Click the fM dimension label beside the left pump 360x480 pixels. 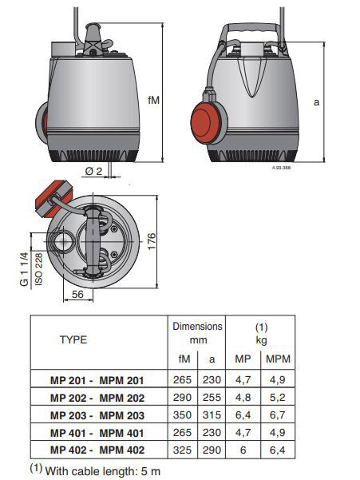153,100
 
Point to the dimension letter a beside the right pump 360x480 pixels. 316,102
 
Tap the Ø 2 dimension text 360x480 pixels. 93,171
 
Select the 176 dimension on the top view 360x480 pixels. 152,241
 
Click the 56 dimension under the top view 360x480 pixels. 77,294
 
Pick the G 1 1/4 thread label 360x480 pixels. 24,269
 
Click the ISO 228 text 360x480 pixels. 39,269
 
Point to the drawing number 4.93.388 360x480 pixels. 281,168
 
